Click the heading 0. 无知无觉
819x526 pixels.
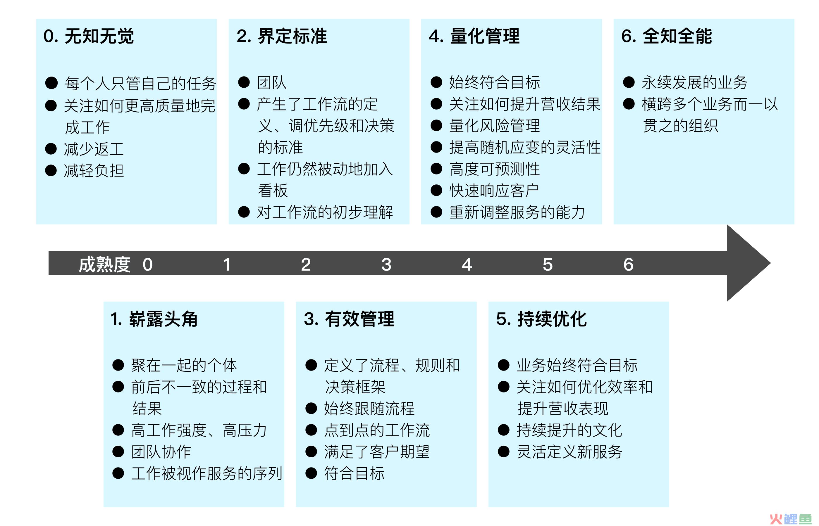click(89, 36)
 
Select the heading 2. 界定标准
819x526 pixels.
click(282, 36)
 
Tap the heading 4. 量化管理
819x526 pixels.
click(474, 36)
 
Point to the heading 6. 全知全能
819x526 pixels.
click(667, 36)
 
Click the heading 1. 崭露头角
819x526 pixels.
click(154, 319)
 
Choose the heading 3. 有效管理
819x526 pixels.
click(349, 319)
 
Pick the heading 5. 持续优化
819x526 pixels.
click(541, 319)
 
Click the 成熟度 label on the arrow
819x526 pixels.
click(105, 264)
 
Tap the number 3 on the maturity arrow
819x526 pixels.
click(386, 264)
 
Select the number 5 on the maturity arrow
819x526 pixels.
click(548, 264)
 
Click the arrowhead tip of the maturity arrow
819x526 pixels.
click(770, 263)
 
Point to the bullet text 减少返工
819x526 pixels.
click(94, 149)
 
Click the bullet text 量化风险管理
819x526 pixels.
click(494, 126)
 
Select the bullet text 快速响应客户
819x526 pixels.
click(494, 191)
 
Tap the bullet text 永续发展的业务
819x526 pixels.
click(695, 82)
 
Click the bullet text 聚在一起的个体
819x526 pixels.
click(184, 365)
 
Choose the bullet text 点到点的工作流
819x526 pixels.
click(377, 430)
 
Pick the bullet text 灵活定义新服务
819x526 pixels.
click(569, 451)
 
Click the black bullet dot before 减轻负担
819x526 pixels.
click(51, 170)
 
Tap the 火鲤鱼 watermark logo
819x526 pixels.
click(790, 518)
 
